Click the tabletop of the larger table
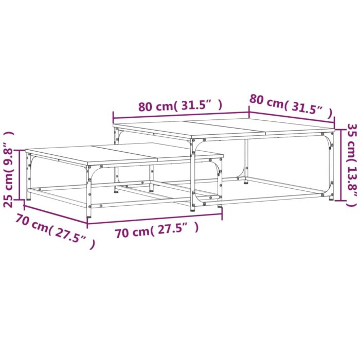point(221,128)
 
